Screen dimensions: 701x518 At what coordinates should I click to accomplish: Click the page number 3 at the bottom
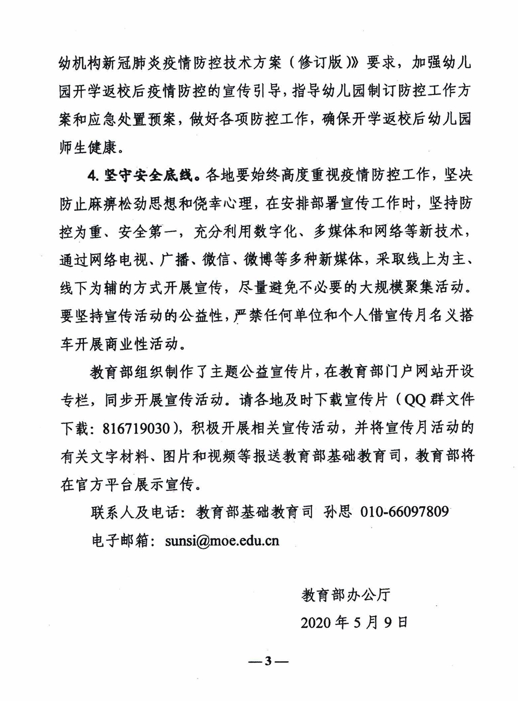[268, 661]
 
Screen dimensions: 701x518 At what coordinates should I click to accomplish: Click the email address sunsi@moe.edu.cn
[222, 541]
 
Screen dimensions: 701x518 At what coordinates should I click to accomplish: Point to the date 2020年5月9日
[354, 623]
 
